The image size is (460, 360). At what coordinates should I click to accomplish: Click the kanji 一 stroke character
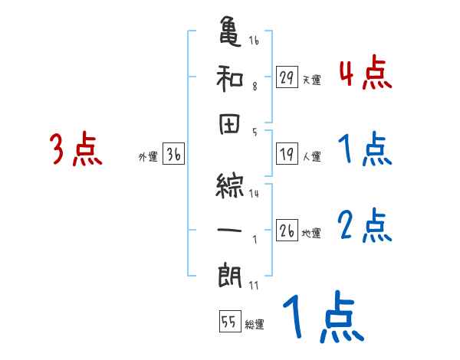pos(230,227)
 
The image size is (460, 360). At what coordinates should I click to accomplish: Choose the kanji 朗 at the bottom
pos(230,273)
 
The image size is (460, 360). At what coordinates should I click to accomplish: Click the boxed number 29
pos(287,77)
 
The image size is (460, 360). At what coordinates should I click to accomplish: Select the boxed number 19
pos(287,154)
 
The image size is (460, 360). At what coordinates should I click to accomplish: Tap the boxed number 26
pos(287,231)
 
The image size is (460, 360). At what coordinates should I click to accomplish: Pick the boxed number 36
pos(173,155)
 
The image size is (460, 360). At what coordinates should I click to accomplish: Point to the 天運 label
pos(311,80)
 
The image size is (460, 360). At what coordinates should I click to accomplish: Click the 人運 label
pos(311,157)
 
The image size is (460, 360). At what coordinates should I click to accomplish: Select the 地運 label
pos(311,234)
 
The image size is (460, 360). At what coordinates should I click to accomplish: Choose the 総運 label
pos(254,325)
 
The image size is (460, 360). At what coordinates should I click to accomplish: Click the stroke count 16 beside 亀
pos(254,40)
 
